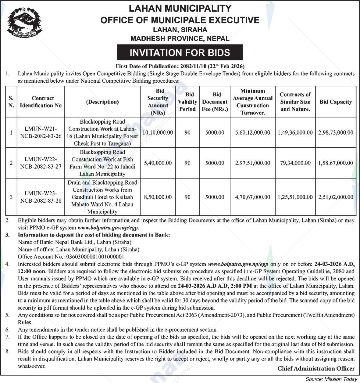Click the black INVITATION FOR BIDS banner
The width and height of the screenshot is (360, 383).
click(180, 52)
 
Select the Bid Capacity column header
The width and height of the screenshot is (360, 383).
click(336, 102)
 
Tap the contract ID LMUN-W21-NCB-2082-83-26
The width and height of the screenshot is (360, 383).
click(41, 132)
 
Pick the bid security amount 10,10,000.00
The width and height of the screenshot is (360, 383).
click(158, 132)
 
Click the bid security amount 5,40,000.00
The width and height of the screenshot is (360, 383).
click(158, 163)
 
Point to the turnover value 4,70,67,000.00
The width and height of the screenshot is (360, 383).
click(252, 197)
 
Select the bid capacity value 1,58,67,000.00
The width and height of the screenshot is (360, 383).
click(336, 163)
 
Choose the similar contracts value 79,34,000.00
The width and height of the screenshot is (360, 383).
click(295, 163)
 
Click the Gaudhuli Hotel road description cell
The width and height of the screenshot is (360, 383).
click(102, 197)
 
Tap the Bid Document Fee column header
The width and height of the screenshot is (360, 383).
click(215, 102)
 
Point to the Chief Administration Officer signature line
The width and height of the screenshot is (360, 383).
click(316, 369)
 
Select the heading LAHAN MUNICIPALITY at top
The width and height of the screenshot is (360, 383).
click(180, 8)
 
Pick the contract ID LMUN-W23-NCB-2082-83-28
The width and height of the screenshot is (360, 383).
click(41, 197)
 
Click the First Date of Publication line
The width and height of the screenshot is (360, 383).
click(180, 66)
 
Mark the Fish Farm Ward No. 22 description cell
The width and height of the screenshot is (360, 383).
click(102, 163)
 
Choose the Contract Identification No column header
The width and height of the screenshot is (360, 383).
click(41, 102)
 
